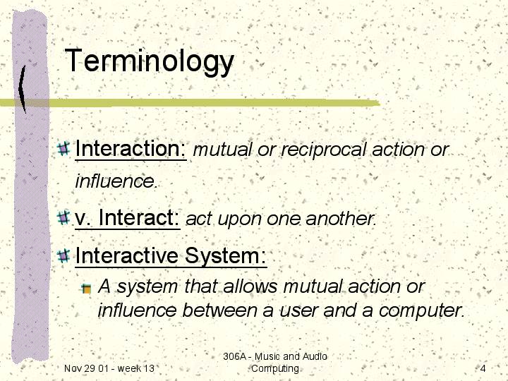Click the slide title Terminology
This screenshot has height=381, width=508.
click(x=149, y=61)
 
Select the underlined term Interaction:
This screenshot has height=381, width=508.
click(x=131, y=149)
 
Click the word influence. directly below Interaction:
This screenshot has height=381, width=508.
click(x=116, y=181)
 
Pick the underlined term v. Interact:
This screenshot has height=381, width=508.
click(x=128, y=218)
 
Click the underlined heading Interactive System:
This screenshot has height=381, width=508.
click(x=171, y=256)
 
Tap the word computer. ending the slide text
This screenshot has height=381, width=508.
click(x=421, y=311)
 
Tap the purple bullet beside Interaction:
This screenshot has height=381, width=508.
click(x=64, y=149)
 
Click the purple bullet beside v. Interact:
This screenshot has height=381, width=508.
click(x=64, y=218)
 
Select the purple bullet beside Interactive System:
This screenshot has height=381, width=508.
click(x=64, y=256)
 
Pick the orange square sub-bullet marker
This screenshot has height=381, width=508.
click(x=86, y=288)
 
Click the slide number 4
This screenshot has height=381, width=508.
click(x=483, y=368)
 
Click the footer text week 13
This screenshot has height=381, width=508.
click(x=136, y=368)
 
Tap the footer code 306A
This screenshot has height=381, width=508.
click(x=234, y=356)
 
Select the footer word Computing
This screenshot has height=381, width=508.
click(x=275, y=369)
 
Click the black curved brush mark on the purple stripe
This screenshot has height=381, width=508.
click(x=21, y=88)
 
